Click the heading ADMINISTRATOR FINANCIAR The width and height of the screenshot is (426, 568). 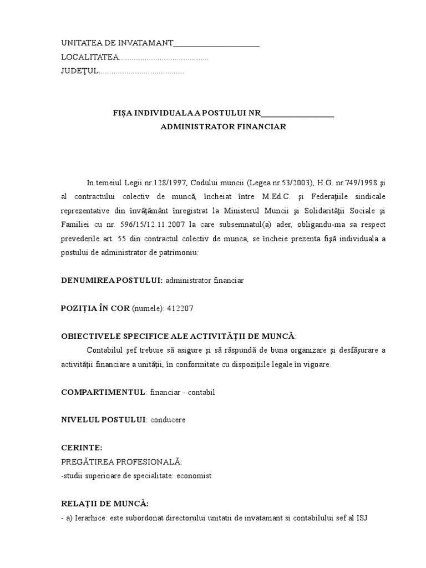[x=223, y=126]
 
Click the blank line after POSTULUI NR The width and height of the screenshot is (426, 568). [x=297, y=115]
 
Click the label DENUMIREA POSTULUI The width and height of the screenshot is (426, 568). [x=111, y=281]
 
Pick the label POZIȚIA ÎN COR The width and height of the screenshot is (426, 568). [x=95, y=308]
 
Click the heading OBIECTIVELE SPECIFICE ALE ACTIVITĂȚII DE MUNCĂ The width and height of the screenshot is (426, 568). [x=178, y=336]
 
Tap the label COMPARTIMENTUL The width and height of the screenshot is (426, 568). [x=103, y=392]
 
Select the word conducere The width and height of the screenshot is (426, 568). [x=168, y=419]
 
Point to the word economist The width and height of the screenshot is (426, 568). [x=194, y=475]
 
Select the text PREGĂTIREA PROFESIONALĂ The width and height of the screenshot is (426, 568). [x=121, y=461]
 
